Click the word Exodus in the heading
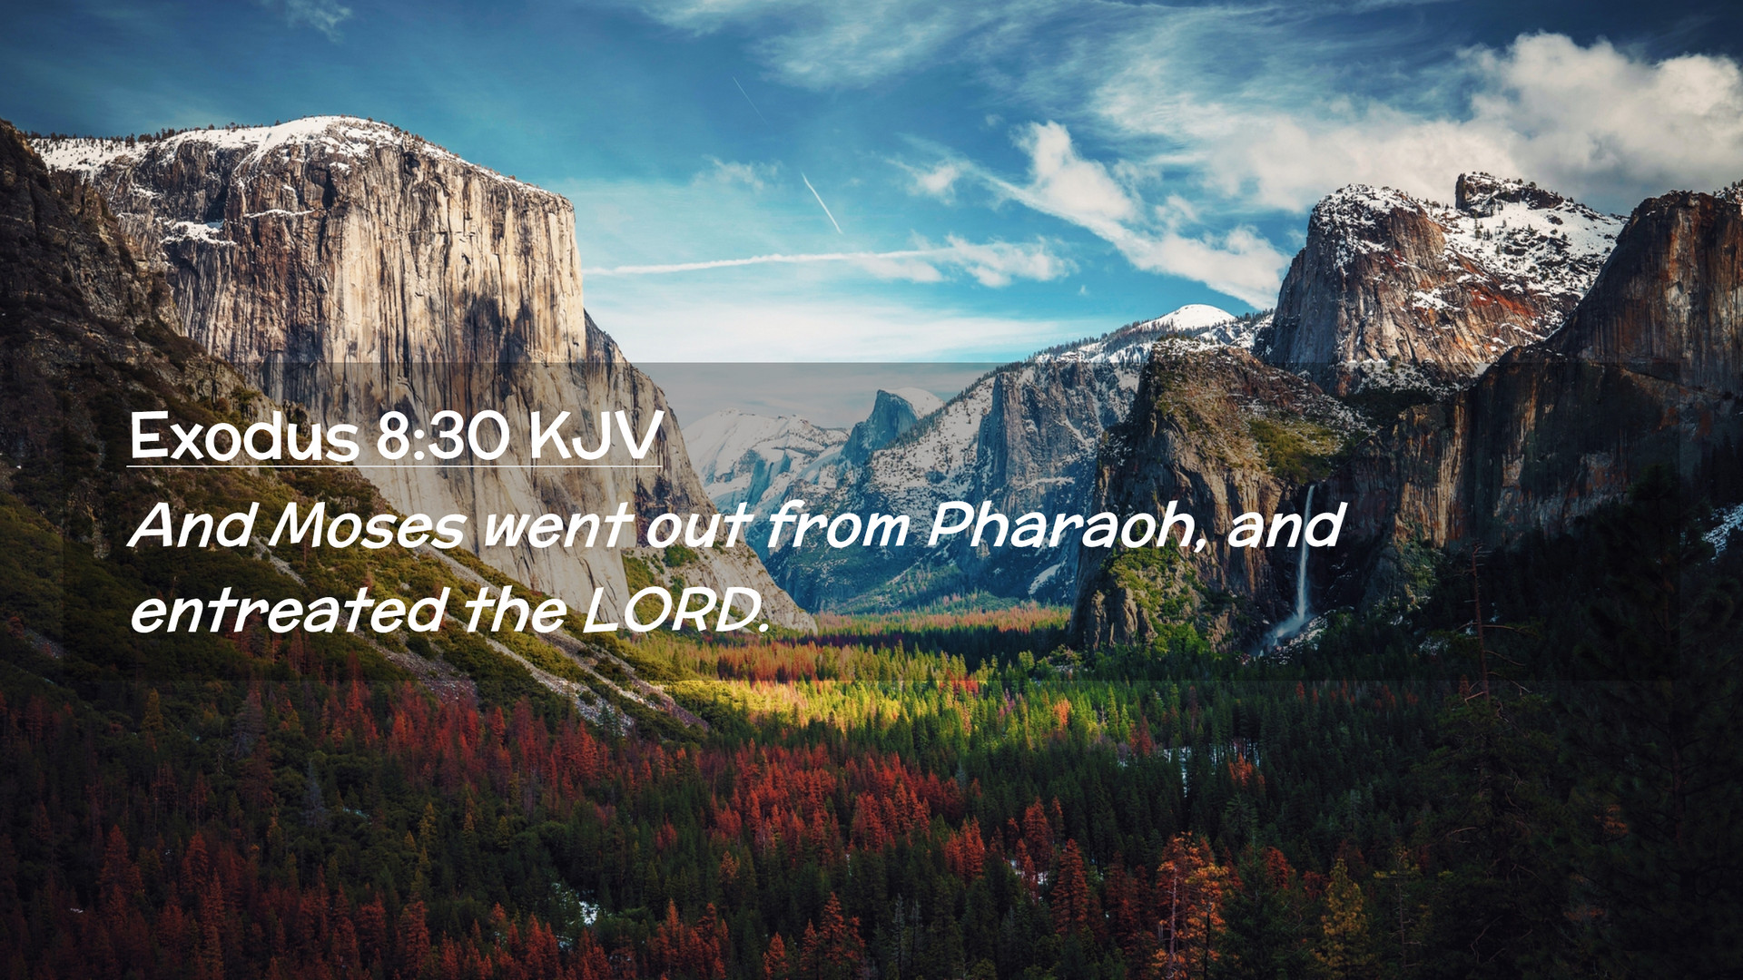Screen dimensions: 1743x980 (x=244, y=436)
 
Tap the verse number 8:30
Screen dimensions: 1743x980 (x=443, y=437)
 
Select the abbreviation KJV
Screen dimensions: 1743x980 (x=595, y=436)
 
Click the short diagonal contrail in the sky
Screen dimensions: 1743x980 (x=822, y=202)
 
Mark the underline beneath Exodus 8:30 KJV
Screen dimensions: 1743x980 (x=394, y=467)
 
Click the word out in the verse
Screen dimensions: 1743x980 (x=698, y=525)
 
